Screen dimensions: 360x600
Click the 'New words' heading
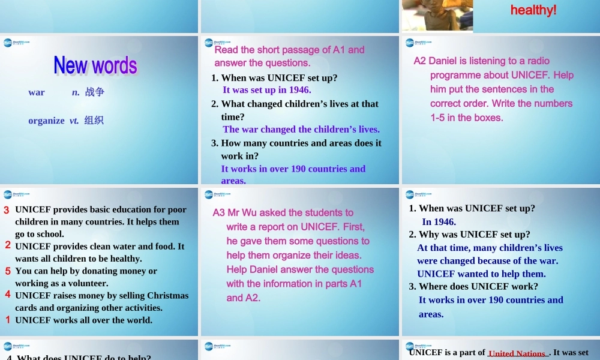coord(95,65)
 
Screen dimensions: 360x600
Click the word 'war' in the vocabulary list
coord(37,92)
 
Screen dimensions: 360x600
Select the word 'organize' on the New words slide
coord(46,121)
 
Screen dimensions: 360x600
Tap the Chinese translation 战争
coord(95,92)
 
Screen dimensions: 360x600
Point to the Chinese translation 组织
coord(94,121)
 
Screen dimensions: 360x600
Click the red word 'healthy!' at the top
coord(533,10)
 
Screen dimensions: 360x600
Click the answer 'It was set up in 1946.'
coord(266,90)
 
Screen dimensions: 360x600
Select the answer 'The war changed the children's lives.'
coord(301,130)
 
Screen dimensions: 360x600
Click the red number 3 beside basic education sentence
coord(7,210)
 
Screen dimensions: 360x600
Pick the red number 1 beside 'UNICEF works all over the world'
coord(8,320)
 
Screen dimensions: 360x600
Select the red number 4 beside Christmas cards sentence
coord(8,295)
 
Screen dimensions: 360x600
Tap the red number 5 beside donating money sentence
coord(8,271)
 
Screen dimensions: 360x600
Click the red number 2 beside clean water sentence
coord(8,245)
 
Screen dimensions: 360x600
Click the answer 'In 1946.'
coord(439,222)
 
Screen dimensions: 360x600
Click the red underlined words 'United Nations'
coord(517,353)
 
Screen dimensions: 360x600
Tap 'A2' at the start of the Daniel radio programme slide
coord(420,61)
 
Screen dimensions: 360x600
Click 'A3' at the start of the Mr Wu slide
coord(219,212)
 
